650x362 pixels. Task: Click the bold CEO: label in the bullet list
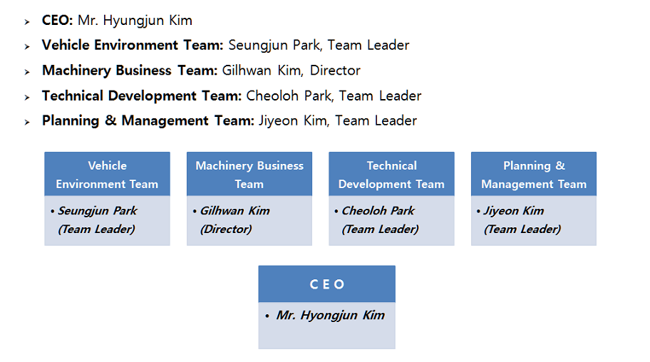click(58, 21)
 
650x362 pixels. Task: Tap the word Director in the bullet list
click(335, 71)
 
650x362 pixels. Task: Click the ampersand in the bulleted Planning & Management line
click(110, 120)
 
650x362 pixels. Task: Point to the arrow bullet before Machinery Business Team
click(27, 72)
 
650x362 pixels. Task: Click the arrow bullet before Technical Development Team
click(27, 98)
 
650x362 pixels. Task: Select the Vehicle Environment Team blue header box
click(108, 174)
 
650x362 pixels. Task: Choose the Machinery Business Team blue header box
click(249, 174)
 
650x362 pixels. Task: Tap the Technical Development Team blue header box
click(391, 174)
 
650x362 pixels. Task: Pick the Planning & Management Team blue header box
click(534, 174)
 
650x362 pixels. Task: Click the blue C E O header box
click(326, 284)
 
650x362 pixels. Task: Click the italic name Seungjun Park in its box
click(98, 211)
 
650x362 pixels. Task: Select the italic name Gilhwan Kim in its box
click(235, 211)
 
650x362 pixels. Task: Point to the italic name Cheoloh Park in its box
click(378, 211)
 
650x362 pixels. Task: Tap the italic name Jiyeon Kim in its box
click(514, 212)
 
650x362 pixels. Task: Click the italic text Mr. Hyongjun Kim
click(331, 316)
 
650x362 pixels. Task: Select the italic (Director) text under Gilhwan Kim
click(226, 229)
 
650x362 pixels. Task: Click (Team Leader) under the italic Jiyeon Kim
click(522, 229)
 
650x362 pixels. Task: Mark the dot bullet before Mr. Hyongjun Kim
click(267, 316)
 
